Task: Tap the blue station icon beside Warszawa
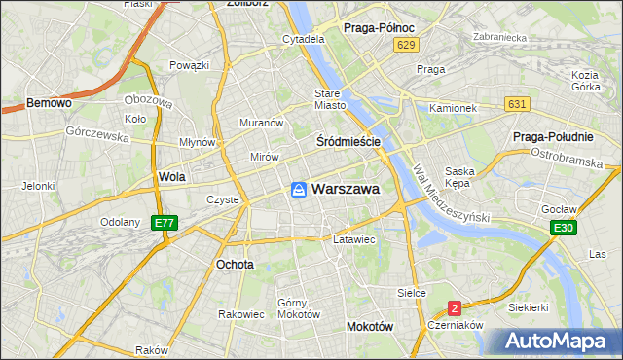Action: click(x=299, y=190)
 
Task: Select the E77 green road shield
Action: click(x=164, y=224)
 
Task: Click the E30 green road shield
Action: click(x=561, y=228)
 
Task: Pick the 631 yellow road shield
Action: click(x=517, y=104)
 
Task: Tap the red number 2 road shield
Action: click(x=454, y=308)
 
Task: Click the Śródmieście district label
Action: click(x=348, y=141)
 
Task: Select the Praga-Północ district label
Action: click(x=381, y=28)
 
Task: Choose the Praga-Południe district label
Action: click(x=567, y=137)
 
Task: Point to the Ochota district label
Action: click(x=235, y=264)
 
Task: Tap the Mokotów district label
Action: click(x=369, y=327)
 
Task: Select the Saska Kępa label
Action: click(x=458, y=177)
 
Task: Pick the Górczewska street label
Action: click(x=97, y=134)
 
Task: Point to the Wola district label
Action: click(x=171, y=178)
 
